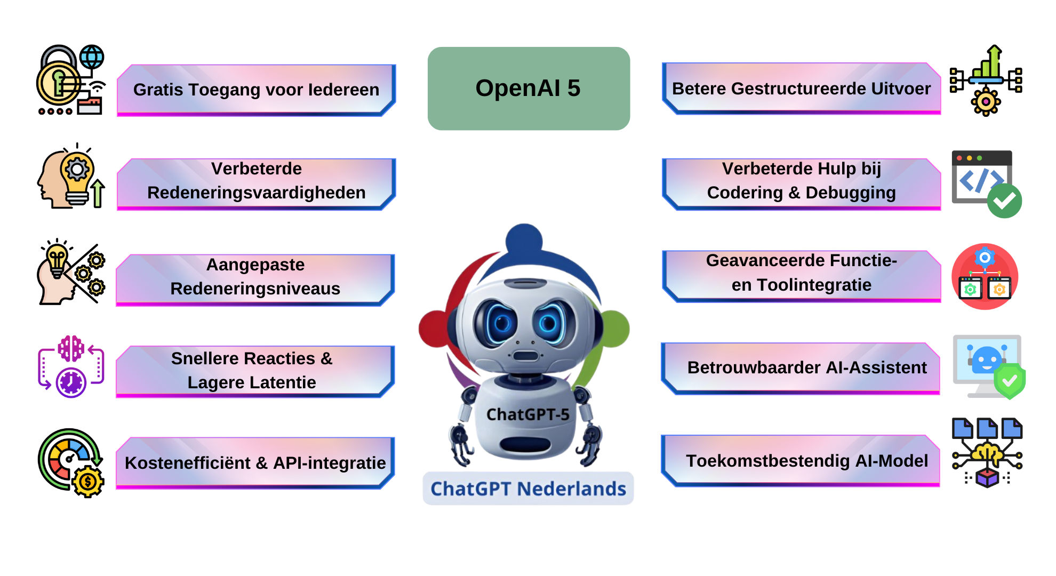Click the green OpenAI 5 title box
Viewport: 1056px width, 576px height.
[529, 89]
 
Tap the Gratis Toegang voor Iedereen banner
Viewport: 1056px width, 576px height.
[256, 90]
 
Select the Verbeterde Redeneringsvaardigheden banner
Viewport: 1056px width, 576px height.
[256, 181]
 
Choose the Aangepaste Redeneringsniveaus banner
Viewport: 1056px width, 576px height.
[255, 277]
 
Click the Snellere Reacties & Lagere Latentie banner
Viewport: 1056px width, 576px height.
[254, 371]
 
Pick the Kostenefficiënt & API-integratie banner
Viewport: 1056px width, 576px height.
[255, 462]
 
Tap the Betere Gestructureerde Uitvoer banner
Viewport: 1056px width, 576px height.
[801, 89]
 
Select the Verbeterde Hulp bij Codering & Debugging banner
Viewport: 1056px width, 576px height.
[801, 181]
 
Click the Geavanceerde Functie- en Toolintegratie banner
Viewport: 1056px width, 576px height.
[801, 273]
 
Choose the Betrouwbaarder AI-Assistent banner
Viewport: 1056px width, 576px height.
[801, 367]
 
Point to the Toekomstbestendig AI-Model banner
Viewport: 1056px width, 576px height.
[801, 460]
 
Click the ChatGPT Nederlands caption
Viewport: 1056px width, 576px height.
[528, 489]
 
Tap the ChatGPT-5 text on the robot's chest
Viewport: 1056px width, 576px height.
[527, 414]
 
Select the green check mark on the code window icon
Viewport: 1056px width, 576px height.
[1004, 201]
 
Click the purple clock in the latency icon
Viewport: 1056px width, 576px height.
[71, 382]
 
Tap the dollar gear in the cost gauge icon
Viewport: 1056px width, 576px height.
[88, 482]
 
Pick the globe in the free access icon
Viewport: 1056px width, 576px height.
[92, 57]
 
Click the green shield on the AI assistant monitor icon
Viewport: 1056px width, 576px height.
[1009, 381]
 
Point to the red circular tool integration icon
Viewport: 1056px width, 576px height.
[985, 276]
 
